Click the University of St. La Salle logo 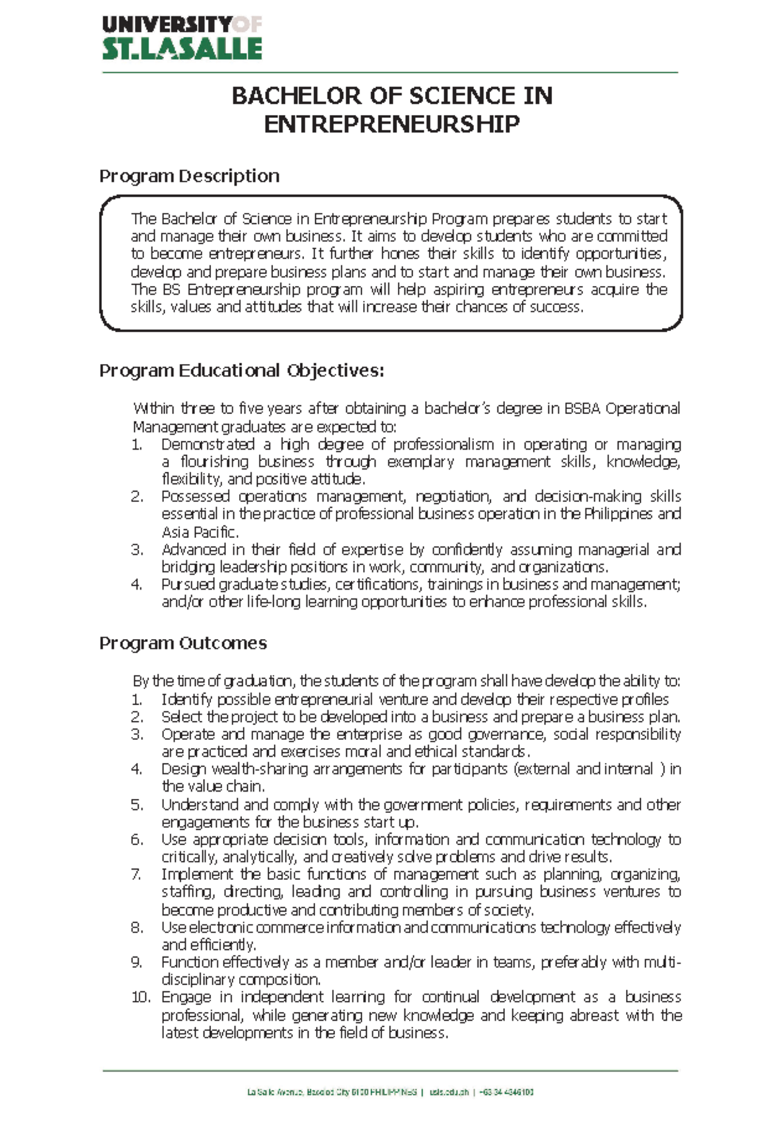181,39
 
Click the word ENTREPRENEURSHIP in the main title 391,124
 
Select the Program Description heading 189,176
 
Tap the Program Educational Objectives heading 242,371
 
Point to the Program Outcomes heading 183,643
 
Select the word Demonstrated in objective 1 208,445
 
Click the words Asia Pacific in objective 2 199,532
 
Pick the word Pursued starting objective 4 188,585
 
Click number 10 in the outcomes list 140,998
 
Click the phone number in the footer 507,1092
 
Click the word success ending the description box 555,308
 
